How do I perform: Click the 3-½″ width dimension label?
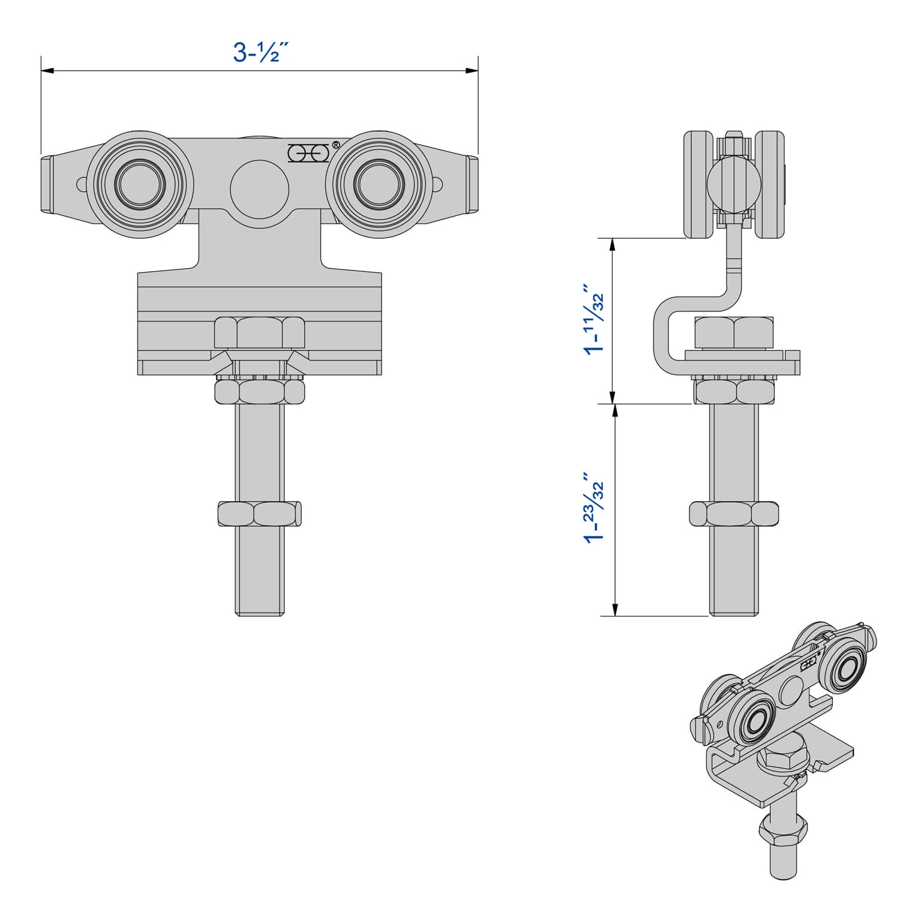(256, 53)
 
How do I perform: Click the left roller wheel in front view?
(140, 184)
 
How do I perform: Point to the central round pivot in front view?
(259, 188)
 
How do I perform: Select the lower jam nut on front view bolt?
(259, 514)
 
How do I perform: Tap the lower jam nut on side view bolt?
(734, 514)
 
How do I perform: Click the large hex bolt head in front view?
(259, 332)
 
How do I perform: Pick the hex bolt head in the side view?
(734, 332)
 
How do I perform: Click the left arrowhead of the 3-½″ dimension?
(47, 71)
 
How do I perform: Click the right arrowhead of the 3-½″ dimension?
(472, 71)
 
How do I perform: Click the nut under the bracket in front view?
(259, 392)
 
